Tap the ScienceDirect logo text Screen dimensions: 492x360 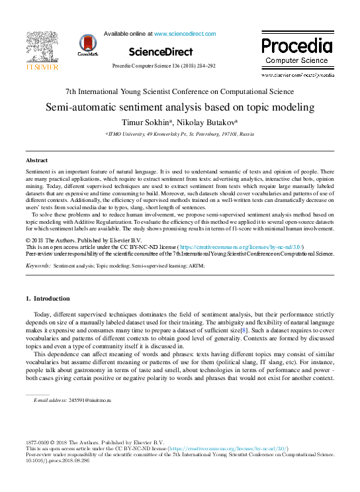click(x=161, y=51)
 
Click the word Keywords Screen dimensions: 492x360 click(x=38, y=265)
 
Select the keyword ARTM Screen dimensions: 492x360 click(x=196, y=265)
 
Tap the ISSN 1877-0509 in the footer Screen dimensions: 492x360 click(x=38, y=442)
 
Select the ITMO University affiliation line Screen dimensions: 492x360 click(x=180, y=134)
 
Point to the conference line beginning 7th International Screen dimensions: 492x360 click(x=180, y=92)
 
